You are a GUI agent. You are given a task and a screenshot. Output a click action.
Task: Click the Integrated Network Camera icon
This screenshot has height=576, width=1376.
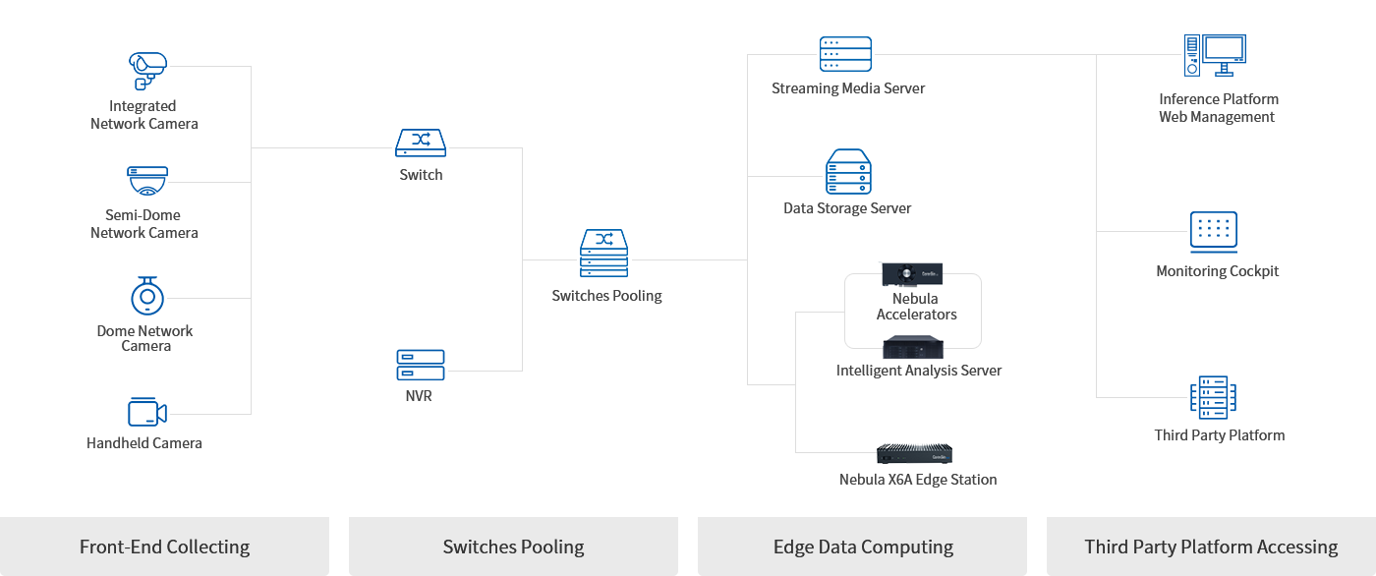click(146, 71)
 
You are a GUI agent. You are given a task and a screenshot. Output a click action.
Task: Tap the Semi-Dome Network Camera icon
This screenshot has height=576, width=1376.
click(147, 181)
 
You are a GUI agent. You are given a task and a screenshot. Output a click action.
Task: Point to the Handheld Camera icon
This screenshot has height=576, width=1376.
click(146, 413)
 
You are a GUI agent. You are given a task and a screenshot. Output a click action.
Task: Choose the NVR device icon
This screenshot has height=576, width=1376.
click(421, 365)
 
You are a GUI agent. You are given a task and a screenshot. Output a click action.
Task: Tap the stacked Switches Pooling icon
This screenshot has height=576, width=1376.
click(603, 254)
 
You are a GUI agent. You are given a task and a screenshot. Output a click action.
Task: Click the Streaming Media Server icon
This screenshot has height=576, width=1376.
click(845, 54)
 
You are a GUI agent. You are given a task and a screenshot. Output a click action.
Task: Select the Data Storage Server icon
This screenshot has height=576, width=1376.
click(848, 171)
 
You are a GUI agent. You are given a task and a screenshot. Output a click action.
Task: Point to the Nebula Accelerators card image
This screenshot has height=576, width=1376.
click(912, 273)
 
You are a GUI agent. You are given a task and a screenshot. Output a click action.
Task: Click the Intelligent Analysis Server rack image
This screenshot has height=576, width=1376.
click(913, 347)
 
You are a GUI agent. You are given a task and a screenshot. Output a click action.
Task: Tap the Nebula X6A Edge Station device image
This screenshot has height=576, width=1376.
click(916, 454)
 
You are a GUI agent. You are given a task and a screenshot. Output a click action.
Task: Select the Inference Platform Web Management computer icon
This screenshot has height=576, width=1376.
click(1215, 56)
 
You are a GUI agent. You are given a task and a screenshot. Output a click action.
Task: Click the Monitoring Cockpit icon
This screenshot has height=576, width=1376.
click(1213, 232)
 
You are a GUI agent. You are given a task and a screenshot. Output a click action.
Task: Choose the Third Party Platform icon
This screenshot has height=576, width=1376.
click(1213, 397)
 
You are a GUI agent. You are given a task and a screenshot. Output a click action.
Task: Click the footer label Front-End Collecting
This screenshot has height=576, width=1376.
click(164, 547)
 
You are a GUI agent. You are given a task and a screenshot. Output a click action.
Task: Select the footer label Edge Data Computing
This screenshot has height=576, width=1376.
click(863, 547)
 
